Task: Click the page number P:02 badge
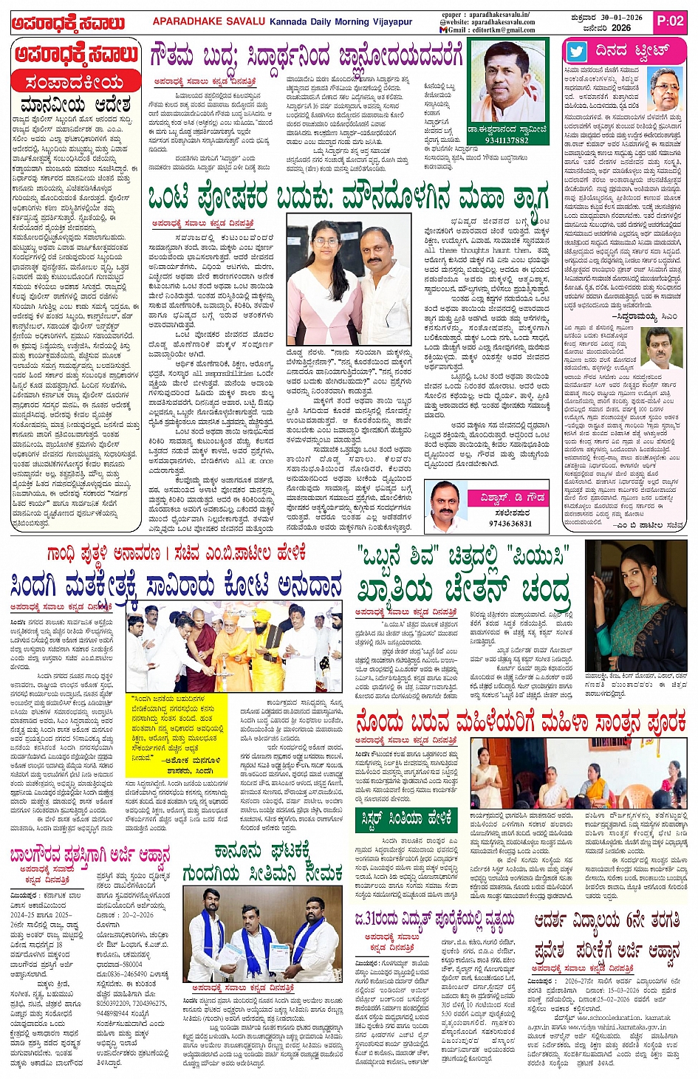click(x=670, y=21)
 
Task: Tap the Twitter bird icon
click(x=577, y=52)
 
